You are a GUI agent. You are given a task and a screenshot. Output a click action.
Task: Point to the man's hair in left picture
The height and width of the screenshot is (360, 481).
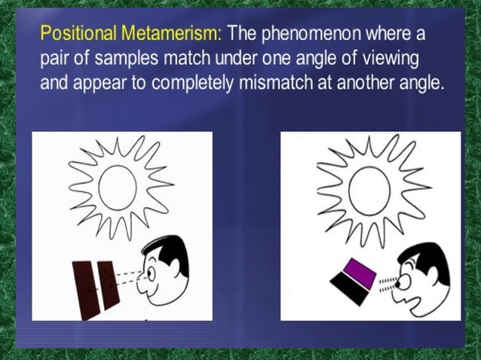pos(172,248)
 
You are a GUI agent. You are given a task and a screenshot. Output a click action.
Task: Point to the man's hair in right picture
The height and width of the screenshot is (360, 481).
pos(428,259)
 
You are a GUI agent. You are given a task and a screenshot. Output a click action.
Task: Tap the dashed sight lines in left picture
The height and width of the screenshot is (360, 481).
pos(130,278)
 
